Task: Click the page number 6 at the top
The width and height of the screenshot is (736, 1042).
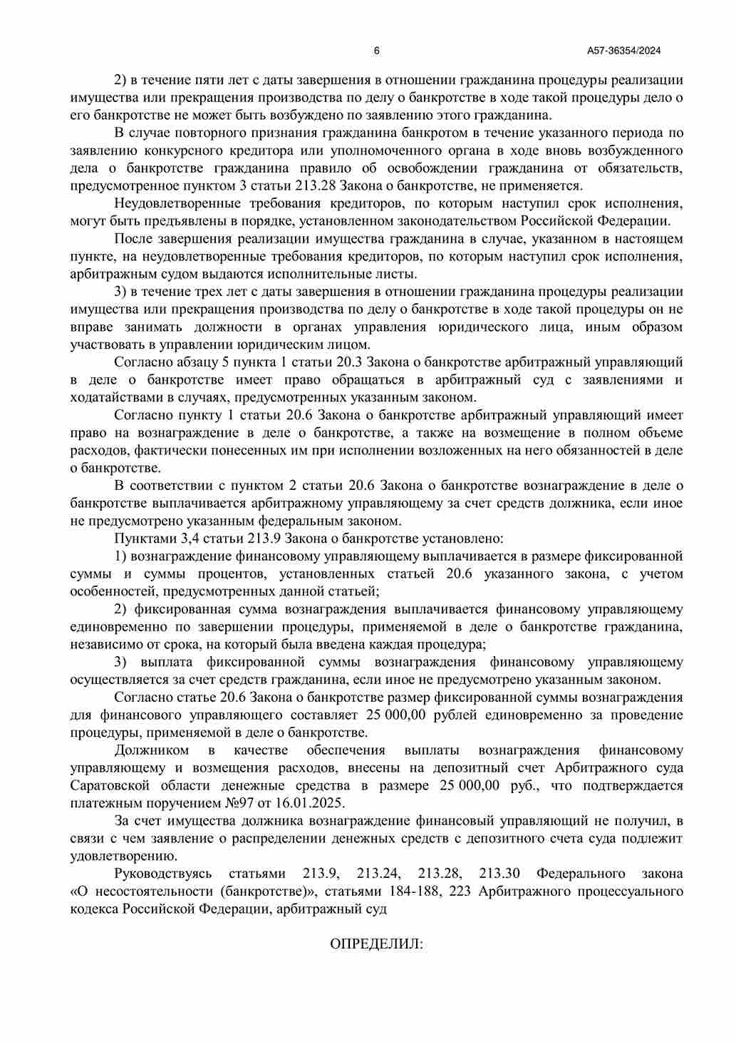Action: tap(376, 51)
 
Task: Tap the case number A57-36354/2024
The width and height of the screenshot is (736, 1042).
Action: tap(624, 51)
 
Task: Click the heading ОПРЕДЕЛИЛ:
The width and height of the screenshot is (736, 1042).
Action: tap(377, 944)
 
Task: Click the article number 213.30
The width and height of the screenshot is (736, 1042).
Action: tap(499, 874)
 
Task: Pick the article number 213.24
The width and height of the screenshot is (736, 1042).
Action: tap(377, 874)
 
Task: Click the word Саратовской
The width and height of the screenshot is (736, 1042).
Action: tap(110, 785)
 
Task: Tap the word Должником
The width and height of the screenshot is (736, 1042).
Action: tap(152, 750)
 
